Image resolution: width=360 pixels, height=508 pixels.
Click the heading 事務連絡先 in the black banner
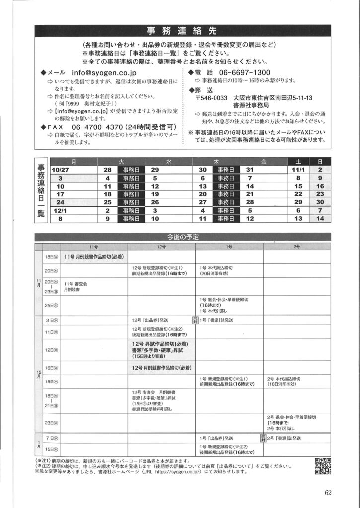pos(180,30)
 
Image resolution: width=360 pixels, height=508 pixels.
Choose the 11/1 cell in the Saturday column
pos(298,170)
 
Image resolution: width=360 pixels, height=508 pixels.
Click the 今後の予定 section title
pos(180,237)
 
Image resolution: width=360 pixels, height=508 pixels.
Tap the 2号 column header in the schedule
pos(296,247)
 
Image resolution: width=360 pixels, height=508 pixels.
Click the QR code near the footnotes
pos(323,466)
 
